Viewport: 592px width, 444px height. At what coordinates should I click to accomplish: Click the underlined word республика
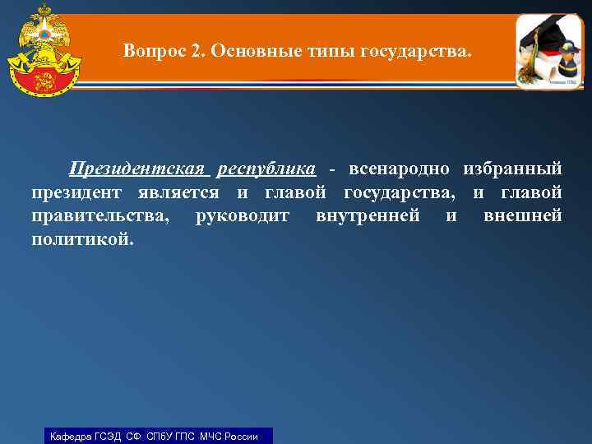(x=266, y=169)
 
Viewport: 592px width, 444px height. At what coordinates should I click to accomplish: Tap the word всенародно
(x=400, y=169)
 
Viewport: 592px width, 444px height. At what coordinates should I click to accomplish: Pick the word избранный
(x=512, y=169)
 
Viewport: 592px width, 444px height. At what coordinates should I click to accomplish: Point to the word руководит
(x=243, y=216)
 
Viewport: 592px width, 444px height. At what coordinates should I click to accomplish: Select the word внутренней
(x=368, y=216)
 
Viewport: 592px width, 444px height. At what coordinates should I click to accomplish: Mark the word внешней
(x=523, y=216)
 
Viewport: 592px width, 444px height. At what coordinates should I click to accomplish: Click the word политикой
(x=81, y=240)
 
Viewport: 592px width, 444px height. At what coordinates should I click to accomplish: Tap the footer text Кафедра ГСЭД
(x=86, y=436)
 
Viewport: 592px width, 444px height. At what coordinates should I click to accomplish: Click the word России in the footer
(x=239, y=436)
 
